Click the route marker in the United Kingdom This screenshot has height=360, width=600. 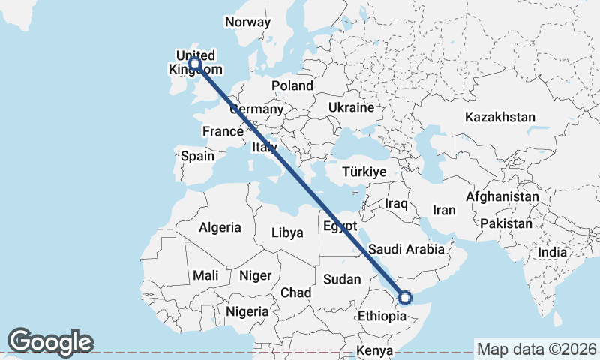pyautogui.click(x=195, y=64)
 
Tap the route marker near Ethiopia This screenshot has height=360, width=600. pyautogui.click(x=405, y=298)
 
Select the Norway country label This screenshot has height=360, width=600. pyautogui.click(x=247, y=22)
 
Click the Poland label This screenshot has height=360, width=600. pyautogui.click(x=292, y=85)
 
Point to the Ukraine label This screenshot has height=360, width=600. pyautogui.click(x=350, y=107)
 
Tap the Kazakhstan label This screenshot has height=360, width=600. pyautogui.click(x=500, y=117)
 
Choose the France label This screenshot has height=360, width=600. pyautogui.click(x=223, y=131)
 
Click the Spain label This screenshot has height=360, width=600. pyautogui.click(x=197, y=157)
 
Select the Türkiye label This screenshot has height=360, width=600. pyautogui.click(x=364, y=172)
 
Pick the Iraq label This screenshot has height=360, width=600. pyautogui.click(x=395, y=203)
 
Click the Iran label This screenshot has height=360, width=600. pyautogui.click(x=444, y=211)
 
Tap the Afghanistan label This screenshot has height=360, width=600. pyautogui.click(x=502, y=196)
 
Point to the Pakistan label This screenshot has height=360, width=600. pyautogui.click(x=505, y=223)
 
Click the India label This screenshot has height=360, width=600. pyautogui.click(x=552, y=252)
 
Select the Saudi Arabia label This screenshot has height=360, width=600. pyautogui.click(x=406, y=249)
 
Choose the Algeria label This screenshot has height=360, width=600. pyautogui.click(x=220, y=227)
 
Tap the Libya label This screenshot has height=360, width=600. pyautogui.click(x=287, y=232)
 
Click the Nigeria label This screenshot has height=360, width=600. pyautogui.click(x=247, y=310)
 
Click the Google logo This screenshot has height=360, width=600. pyautogui.click(x=50, y=341)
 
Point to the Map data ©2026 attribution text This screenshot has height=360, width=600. pyautogui.click(x=536, y=349)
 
